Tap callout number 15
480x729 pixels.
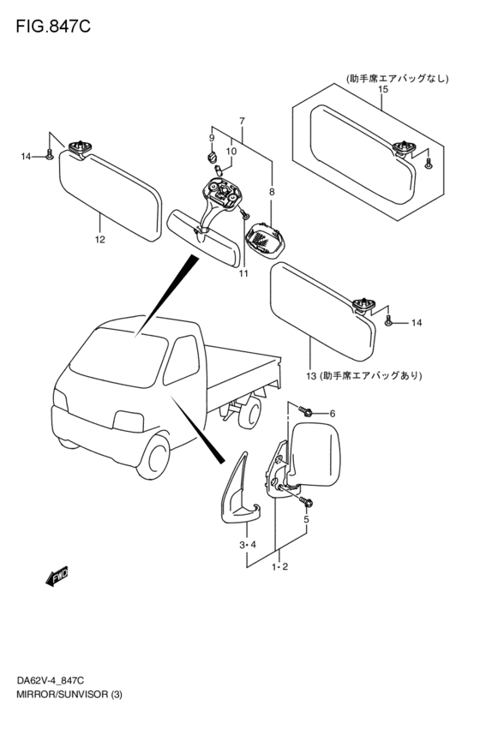pyautogui.click(x=382, y=89)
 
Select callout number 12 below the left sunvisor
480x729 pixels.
pyautogui.click(x=100, y=239)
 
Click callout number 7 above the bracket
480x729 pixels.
pyautogui.click(x=242, y=121)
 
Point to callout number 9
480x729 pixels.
pyautogui.click(x=211, y=138)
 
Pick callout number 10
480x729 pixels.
pyautogui.click(x=231, y=152)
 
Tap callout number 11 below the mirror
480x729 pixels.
pyautogui.click(x=243, y=273)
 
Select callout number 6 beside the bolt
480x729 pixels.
pyautogui.click(x=333, y=415)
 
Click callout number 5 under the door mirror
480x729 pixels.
pyautogui.click(x=306, y=518)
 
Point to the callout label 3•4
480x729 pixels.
pyautogui.click(x=247, y=545)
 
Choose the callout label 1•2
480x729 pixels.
pyautogui.click(x=279, y=567)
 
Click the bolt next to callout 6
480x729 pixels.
pyautogui.click(x=304, y=412)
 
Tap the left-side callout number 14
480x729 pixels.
pyautogui.click(x=26, y=156)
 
